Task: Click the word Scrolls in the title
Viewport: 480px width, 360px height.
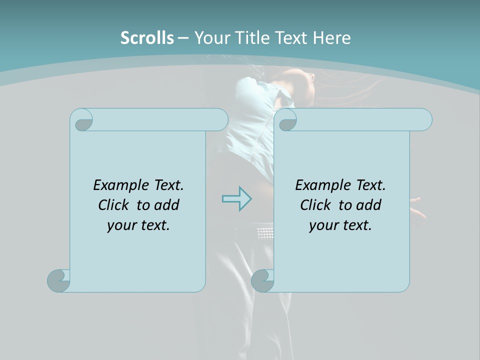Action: point(147,37)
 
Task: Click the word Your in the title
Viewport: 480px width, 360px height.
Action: point(211,37)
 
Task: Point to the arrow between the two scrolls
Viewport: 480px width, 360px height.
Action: point(236,199)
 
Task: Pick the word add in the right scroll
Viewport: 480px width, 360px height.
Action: point(369,205)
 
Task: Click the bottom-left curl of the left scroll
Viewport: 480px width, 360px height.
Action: point(58,280)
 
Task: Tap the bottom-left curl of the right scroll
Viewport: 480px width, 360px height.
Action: point(262,280)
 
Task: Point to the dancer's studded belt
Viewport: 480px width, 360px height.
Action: point(265,232)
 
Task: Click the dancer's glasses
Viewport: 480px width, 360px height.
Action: point(310,77)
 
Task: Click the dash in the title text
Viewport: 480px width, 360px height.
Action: point(183,37)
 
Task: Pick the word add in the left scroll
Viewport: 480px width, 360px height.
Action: point(167,205)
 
